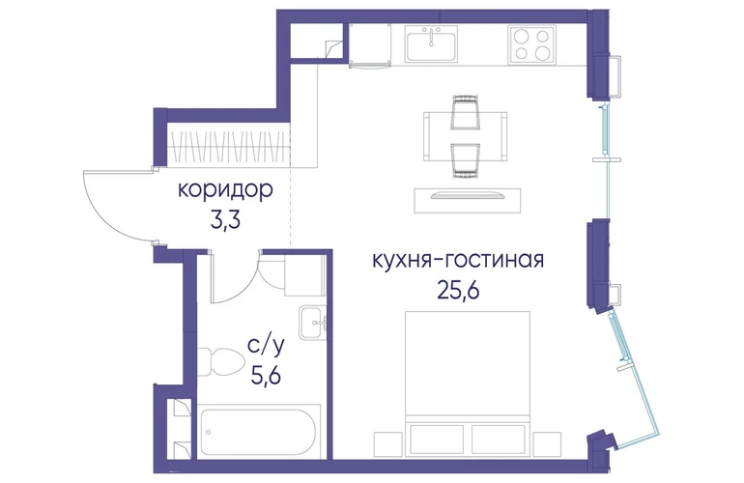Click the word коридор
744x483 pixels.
[225, 190]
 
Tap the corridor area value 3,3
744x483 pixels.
[225, 220]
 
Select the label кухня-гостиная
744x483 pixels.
[458, 261]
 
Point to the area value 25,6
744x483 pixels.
[458, 291]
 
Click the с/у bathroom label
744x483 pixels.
[266, 347]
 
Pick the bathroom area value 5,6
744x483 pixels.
[266, 376]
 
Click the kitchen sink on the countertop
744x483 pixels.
[431, 43]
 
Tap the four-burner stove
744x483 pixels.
[531, 44]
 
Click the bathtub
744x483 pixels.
[259, 432]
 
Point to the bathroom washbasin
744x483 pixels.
[313, 323]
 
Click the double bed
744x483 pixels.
[468, 384]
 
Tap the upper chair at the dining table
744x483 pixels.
[465, 112]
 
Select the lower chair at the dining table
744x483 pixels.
[465, 161]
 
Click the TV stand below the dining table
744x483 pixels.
[468, 200]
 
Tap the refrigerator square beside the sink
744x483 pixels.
[370, 45]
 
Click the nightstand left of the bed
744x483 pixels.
[387, 444]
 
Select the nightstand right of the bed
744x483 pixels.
[547, 444]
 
